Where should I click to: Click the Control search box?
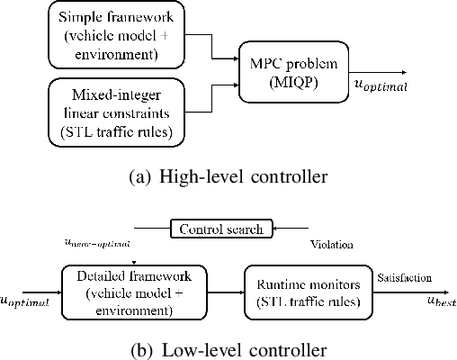[x=221, y=229]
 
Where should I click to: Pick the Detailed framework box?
[x=133, y=290]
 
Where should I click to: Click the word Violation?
[x=331, y=243]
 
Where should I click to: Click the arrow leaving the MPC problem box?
[x=377, y=71]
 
